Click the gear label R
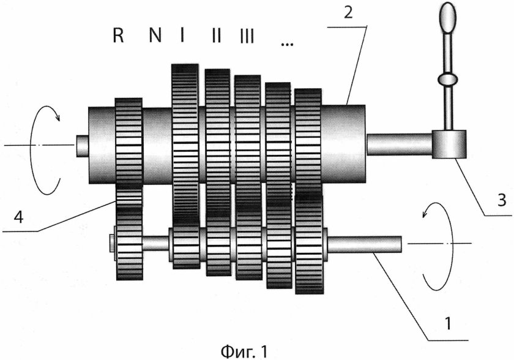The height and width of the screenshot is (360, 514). pos(118,36)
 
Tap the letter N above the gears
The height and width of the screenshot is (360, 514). pos(155,36)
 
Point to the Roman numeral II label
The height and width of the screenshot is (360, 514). pos(215,36)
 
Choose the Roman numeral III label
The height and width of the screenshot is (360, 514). pos(247,36)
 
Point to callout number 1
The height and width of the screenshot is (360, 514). pos(450,319)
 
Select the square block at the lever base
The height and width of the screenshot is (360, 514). pos(449,145)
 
